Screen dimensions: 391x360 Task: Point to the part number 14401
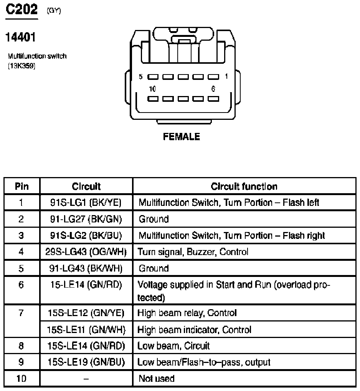tap(21, 38)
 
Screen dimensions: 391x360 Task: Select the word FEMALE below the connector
tap(182, 137)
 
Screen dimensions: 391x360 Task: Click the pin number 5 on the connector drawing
tap(140, 77)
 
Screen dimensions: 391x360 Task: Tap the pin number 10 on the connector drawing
tap(152, 89)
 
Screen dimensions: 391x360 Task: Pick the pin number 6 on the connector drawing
tap(213, 89)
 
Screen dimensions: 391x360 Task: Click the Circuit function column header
tap(244, 186)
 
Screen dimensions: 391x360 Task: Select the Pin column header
tap(21, 186)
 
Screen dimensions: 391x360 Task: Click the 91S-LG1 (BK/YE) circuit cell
tap(86, 202)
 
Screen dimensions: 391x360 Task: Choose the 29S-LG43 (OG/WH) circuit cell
tap(86, 252)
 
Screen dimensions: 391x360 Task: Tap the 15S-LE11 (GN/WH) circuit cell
tap(86, 330)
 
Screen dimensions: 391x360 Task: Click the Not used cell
tap(156, 379)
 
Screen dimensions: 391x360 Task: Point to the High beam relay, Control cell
tap(187, 313)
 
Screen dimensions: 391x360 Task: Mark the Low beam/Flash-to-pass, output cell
tap(204, 362)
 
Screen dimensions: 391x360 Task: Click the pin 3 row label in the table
tap(21, 235)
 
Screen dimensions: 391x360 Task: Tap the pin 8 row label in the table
tap(21, 346)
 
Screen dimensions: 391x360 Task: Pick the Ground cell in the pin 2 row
tap(154, 219)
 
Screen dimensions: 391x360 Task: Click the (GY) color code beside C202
tap(54, 11)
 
